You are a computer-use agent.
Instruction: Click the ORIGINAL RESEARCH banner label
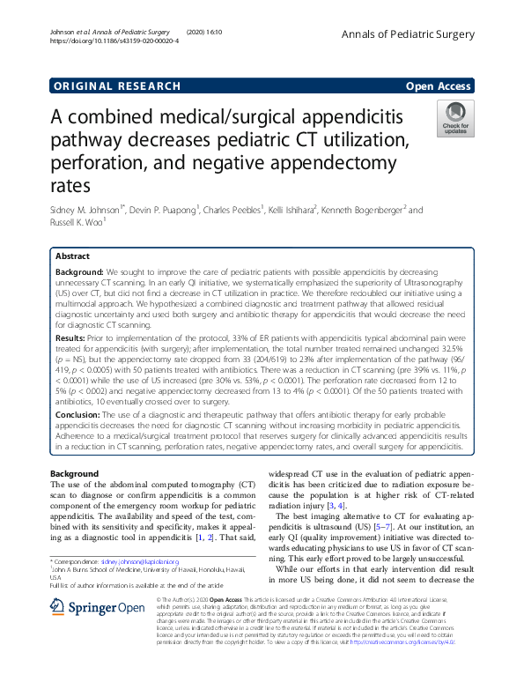pyautogui.click(x=117, y=86)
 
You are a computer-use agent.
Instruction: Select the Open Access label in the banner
pyautogui.click(x=439, y=86)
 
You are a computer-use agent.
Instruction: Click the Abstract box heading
pyautogui.click(x=73, y=256)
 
